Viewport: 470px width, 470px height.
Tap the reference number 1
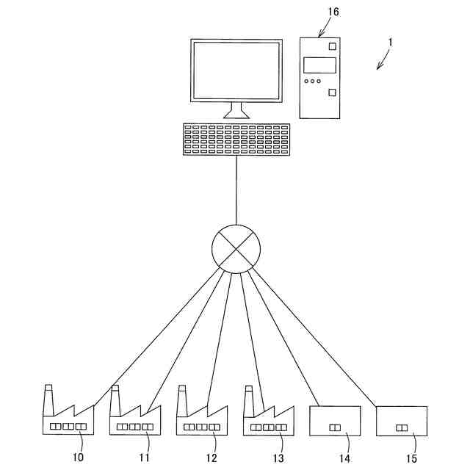[391, 43]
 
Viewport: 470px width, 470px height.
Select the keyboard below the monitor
[236, 139]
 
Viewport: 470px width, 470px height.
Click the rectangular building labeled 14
[336, 421]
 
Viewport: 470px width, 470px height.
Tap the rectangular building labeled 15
[402, 421]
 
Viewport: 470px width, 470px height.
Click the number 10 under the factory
[79, 458]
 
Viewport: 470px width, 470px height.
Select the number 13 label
[278, 458]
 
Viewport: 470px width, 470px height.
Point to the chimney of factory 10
[48, 399]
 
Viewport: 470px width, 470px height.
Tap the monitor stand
[236, 111]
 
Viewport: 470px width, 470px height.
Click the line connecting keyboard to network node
[236, 191]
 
